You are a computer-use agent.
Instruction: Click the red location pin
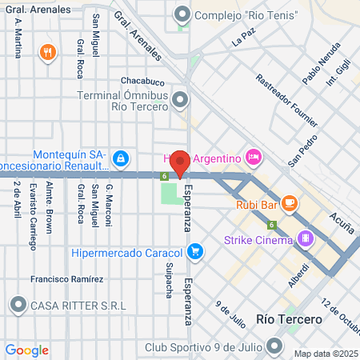coord(180,162)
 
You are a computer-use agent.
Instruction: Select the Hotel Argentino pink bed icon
coord(254,156)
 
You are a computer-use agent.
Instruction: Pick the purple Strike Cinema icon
coord(304,238)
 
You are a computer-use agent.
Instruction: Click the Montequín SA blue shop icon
coord(120,158)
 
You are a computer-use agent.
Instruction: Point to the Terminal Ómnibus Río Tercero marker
coord(180,100)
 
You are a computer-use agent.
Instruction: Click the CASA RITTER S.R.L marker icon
coord(18,304)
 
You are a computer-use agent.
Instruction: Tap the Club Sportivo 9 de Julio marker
coord(275,347)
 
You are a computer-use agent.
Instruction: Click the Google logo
coord(26,350)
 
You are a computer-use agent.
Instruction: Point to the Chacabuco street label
coord(142,82)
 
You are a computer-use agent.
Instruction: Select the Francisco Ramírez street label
coord(67,279)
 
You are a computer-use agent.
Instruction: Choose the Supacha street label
coord(169,280)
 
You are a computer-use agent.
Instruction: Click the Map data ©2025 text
coord(326,354)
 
